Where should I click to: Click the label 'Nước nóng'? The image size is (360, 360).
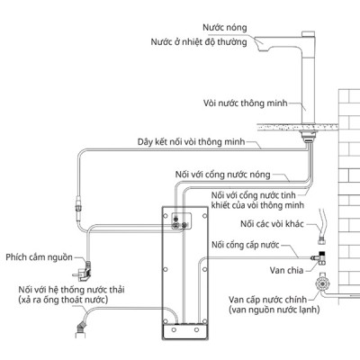pos(225,28)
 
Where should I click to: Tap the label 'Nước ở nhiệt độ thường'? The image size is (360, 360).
pos(199,41)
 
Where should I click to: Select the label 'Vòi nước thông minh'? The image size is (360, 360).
pos(246,103)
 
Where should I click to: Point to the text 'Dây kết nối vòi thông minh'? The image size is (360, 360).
pos(191,142)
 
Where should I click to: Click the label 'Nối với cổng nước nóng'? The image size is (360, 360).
pos(222,175)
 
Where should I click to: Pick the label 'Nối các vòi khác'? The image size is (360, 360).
pos(272,224)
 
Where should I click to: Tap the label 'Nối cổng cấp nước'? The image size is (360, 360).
pos(246,245)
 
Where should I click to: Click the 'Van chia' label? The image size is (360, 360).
pos(286,270)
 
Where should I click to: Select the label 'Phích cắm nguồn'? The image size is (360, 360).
pos(39,257)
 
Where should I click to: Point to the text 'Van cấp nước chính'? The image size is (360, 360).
pos(267,300)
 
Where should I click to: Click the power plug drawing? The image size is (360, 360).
pos(83,272)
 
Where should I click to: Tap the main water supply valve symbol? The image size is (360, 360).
pos(322,283)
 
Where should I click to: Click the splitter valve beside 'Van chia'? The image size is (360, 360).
pos(319,258)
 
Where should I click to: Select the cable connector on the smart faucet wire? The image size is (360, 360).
pos(79,206)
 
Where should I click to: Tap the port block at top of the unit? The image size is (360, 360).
pos(181,221)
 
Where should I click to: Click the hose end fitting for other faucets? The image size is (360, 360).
pos(322,239)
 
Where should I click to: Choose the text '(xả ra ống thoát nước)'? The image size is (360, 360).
pos(63,300)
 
